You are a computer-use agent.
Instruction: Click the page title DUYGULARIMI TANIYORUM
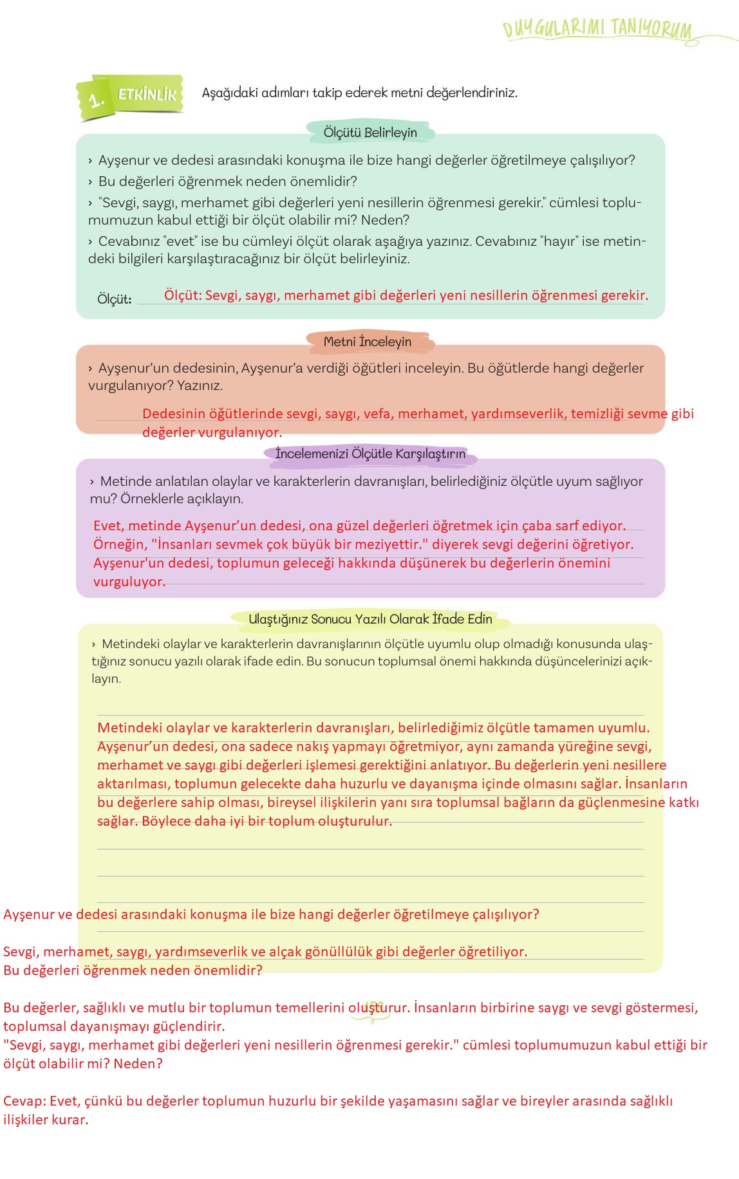pyautogui.click(x=597, y=29)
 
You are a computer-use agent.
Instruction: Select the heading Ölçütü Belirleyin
pyautogui.click(x=370, y=133)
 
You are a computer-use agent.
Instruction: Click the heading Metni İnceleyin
pyautogui.click(x=368, y=342)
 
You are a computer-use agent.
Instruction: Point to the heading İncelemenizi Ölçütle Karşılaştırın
pyautogui.click(x=370, y=454)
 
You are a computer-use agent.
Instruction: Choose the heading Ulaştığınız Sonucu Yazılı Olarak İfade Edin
pyautogui.click(x=370, y=619)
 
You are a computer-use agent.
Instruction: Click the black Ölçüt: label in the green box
pyautogui.click(x=114, y=299)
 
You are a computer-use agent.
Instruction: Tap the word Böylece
pyautogui.click(x=165, y=821)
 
